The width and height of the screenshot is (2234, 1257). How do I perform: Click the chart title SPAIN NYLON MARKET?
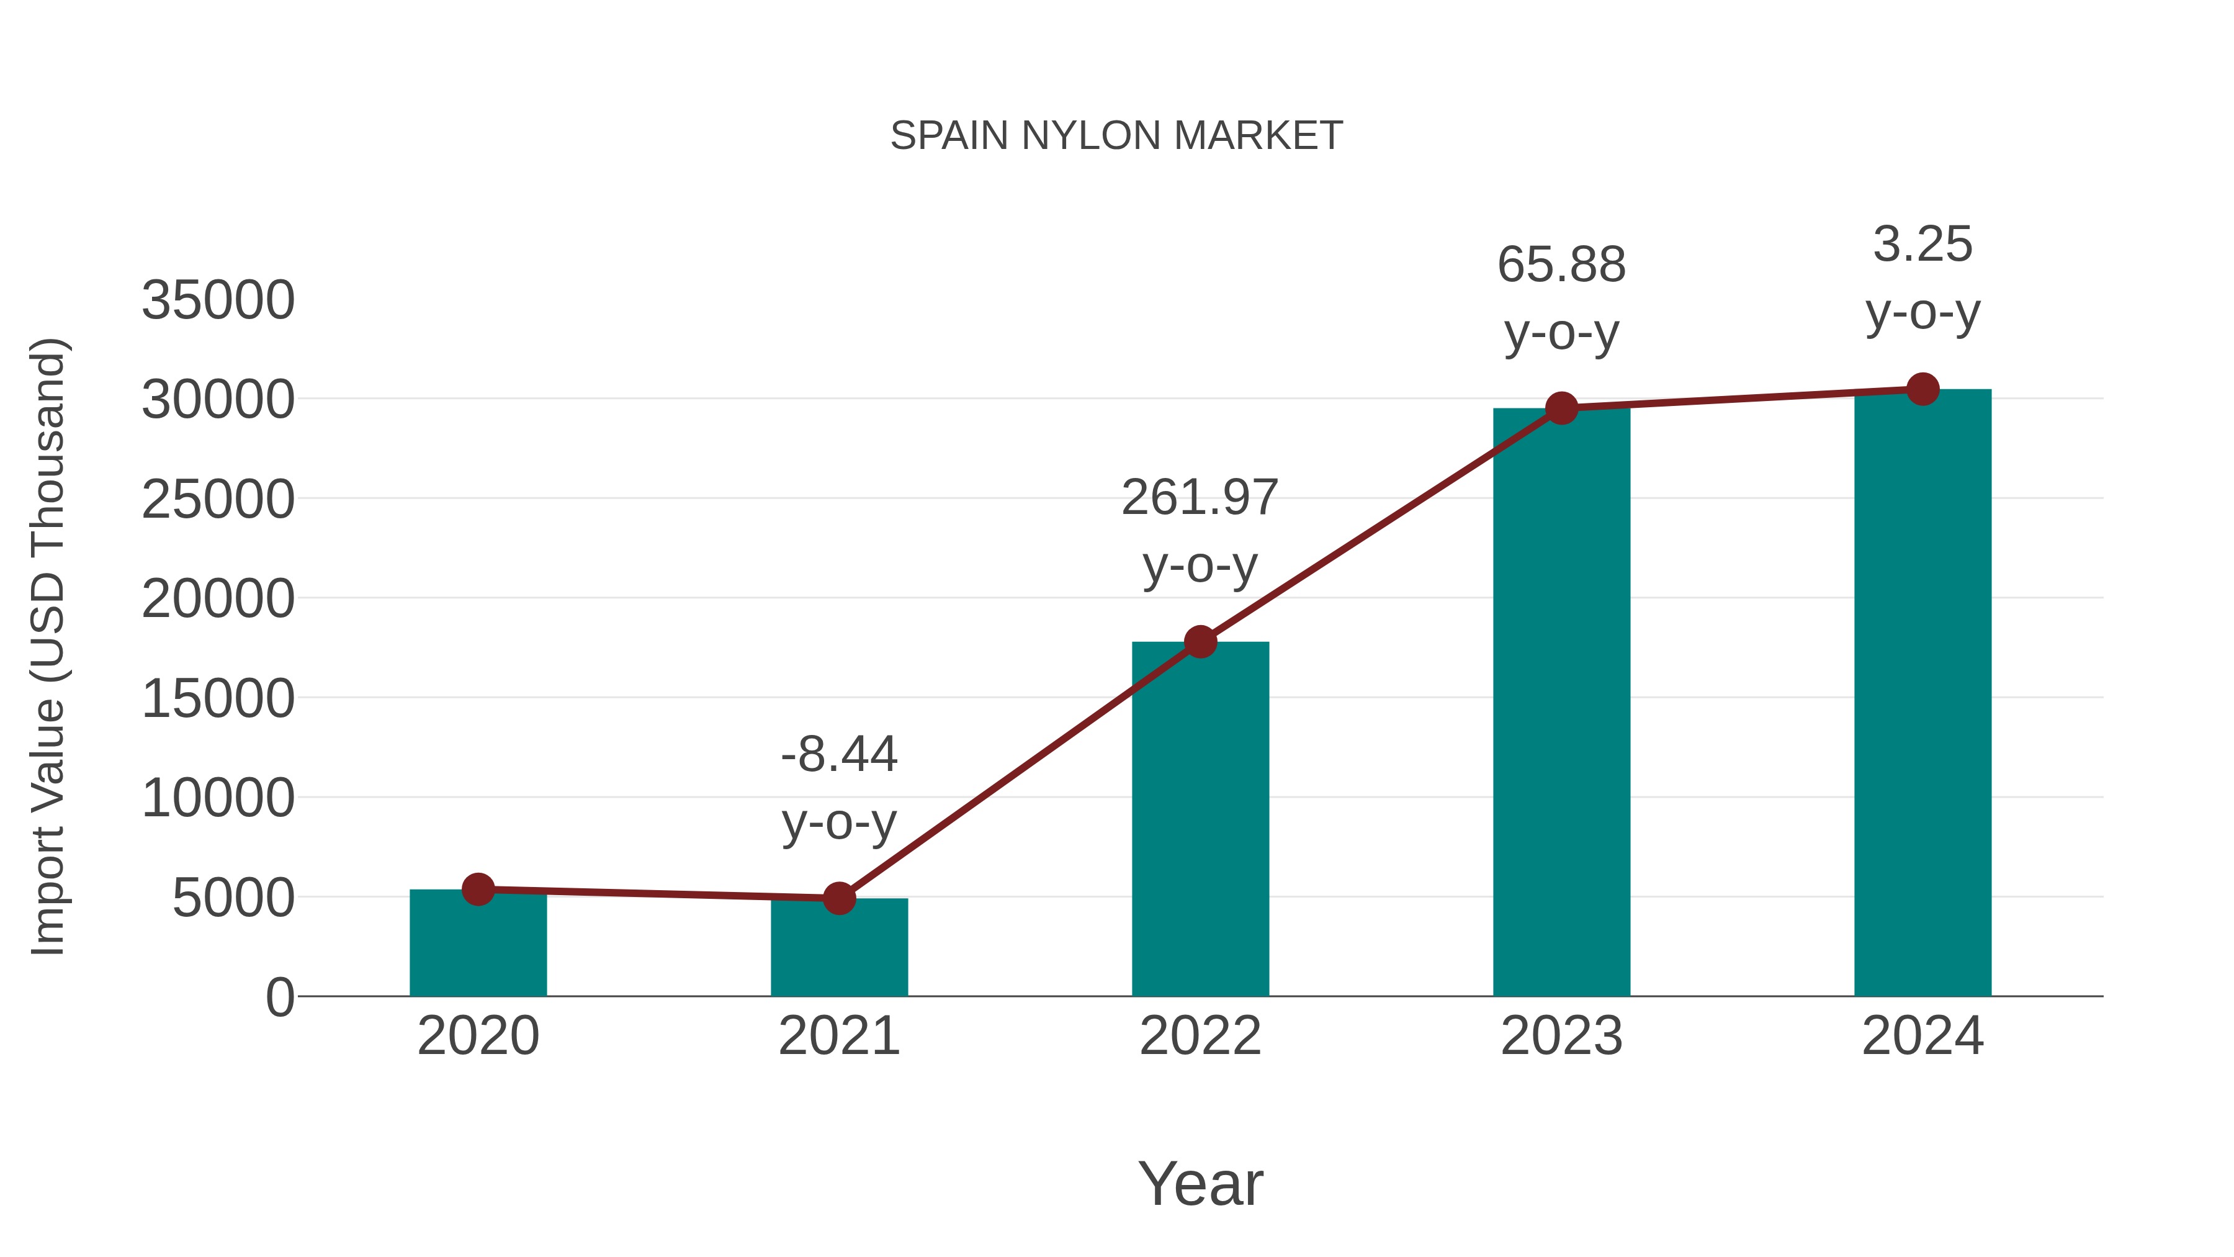point(1116,136)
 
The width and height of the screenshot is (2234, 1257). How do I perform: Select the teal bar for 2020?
point(478,945)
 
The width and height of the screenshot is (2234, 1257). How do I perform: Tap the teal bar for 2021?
point(838,950)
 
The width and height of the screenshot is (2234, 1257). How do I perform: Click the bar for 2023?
point(1561,703)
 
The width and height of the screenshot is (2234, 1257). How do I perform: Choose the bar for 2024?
point(1922,694)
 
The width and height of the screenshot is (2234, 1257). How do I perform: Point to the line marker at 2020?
point(478,889)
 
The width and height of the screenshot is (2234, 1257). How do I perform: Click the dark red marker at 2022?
point(1200,642)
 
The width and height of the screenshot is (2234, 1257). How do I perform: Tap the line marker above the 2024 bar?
point(1922,389)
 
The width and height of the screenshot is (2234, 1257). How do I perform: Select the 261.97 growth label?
point(1200,498)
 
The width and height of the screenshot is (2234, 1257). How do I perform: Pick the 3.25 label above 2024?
point(1922,245)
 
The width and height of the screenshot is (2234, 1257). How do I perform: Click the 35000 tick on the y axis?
point(218,301)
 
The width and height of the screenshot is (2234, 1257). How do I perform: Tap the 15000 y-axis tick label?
point(218,699)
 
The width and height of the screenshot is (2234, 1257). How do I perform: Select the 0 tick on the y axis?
point(280,998)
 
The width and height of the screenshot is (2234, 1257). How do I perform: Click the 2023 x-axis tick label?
point(1561,1036)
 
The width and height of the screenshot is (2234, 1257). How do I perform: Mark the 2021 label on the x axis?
point(838,1036)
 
